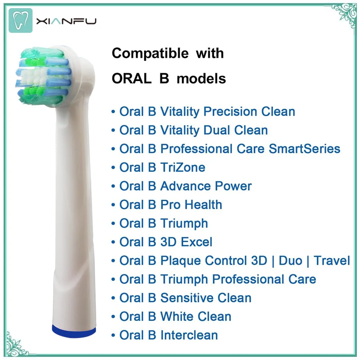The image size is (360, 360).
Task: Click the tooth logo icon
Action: (x=20, y=20)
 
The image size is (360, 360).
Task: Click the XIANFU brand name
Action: (x=66, y=21)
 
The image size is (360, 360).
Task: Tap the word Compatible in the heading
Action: (x=150, y=54)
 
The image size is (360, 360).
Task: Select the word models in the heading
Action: (x=201, y=79)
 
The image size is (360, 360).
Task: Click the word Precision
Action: (x=230, y=112)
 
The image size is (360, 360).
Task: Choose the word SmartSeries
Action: (x=305, y=149)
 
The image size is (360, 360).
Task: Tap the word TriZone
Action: (x=183, y=167)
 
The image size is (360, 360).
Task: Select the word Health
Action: (x=203, y=205)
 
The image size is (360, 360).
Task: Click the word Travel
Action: (x=332, y=261)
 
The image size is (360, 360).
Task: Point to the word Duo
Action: (x=290, y=261)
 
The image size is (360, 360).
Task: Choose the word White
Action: (x=177, y=316)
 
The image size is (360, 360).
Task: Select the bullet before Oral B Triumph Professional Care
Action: (x=113, y=279)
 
